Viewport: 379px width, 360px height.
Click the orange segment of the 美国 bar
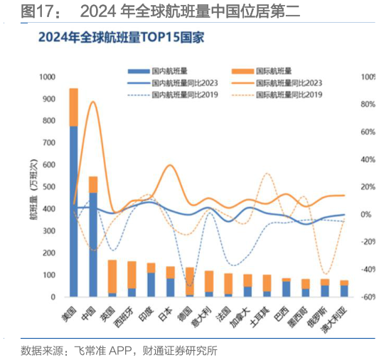click(x=73, y=107)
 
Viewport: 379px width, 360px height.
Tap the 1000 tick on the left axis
click(x=48, y=77)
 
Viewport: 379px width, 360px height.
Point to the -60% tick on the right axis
click(x=363, y=297)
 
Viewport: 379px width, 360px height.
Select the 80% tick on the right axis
click(x=363, y=105)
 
